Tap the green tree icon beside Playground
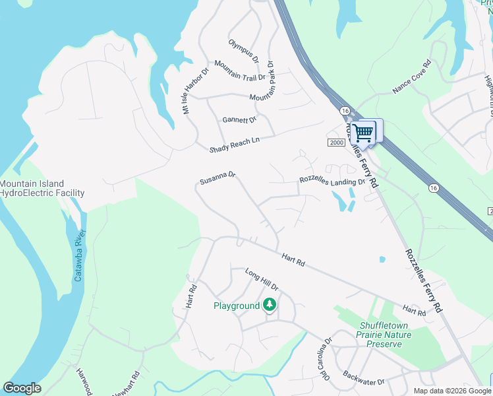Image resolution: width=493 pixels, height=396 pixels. [269, 305]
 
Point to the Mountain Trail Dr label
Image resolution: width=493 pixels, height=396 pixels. [239, 72]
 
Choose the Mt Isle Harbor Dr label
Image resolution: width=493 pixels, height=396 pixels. [196, 90]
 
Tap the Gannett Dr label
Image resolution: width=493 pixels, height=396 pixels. [239, 120]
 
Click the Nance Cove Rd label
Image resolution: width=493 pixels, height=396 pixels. [412, 77]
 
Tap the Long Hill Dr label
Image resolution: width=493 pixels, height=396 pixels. [262, 280]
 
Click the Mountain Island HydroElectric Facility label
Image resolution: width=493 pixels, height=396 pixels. [42, 189]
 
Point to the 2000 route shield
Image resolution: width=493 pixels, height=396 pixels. [336, 143]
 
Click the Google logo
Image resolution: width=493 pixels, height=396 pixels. [22, 388]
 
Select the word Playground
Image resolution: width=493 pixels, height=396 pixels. [237, 306]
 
